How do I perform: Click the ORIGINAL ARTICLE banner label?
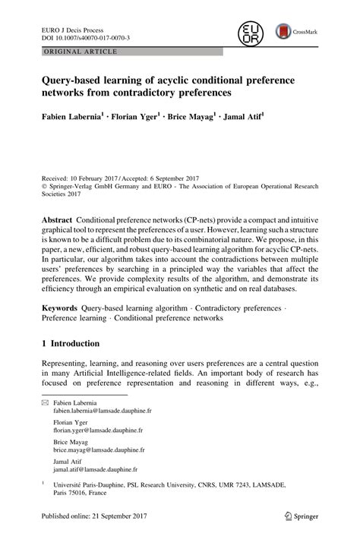coord(74,51)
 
